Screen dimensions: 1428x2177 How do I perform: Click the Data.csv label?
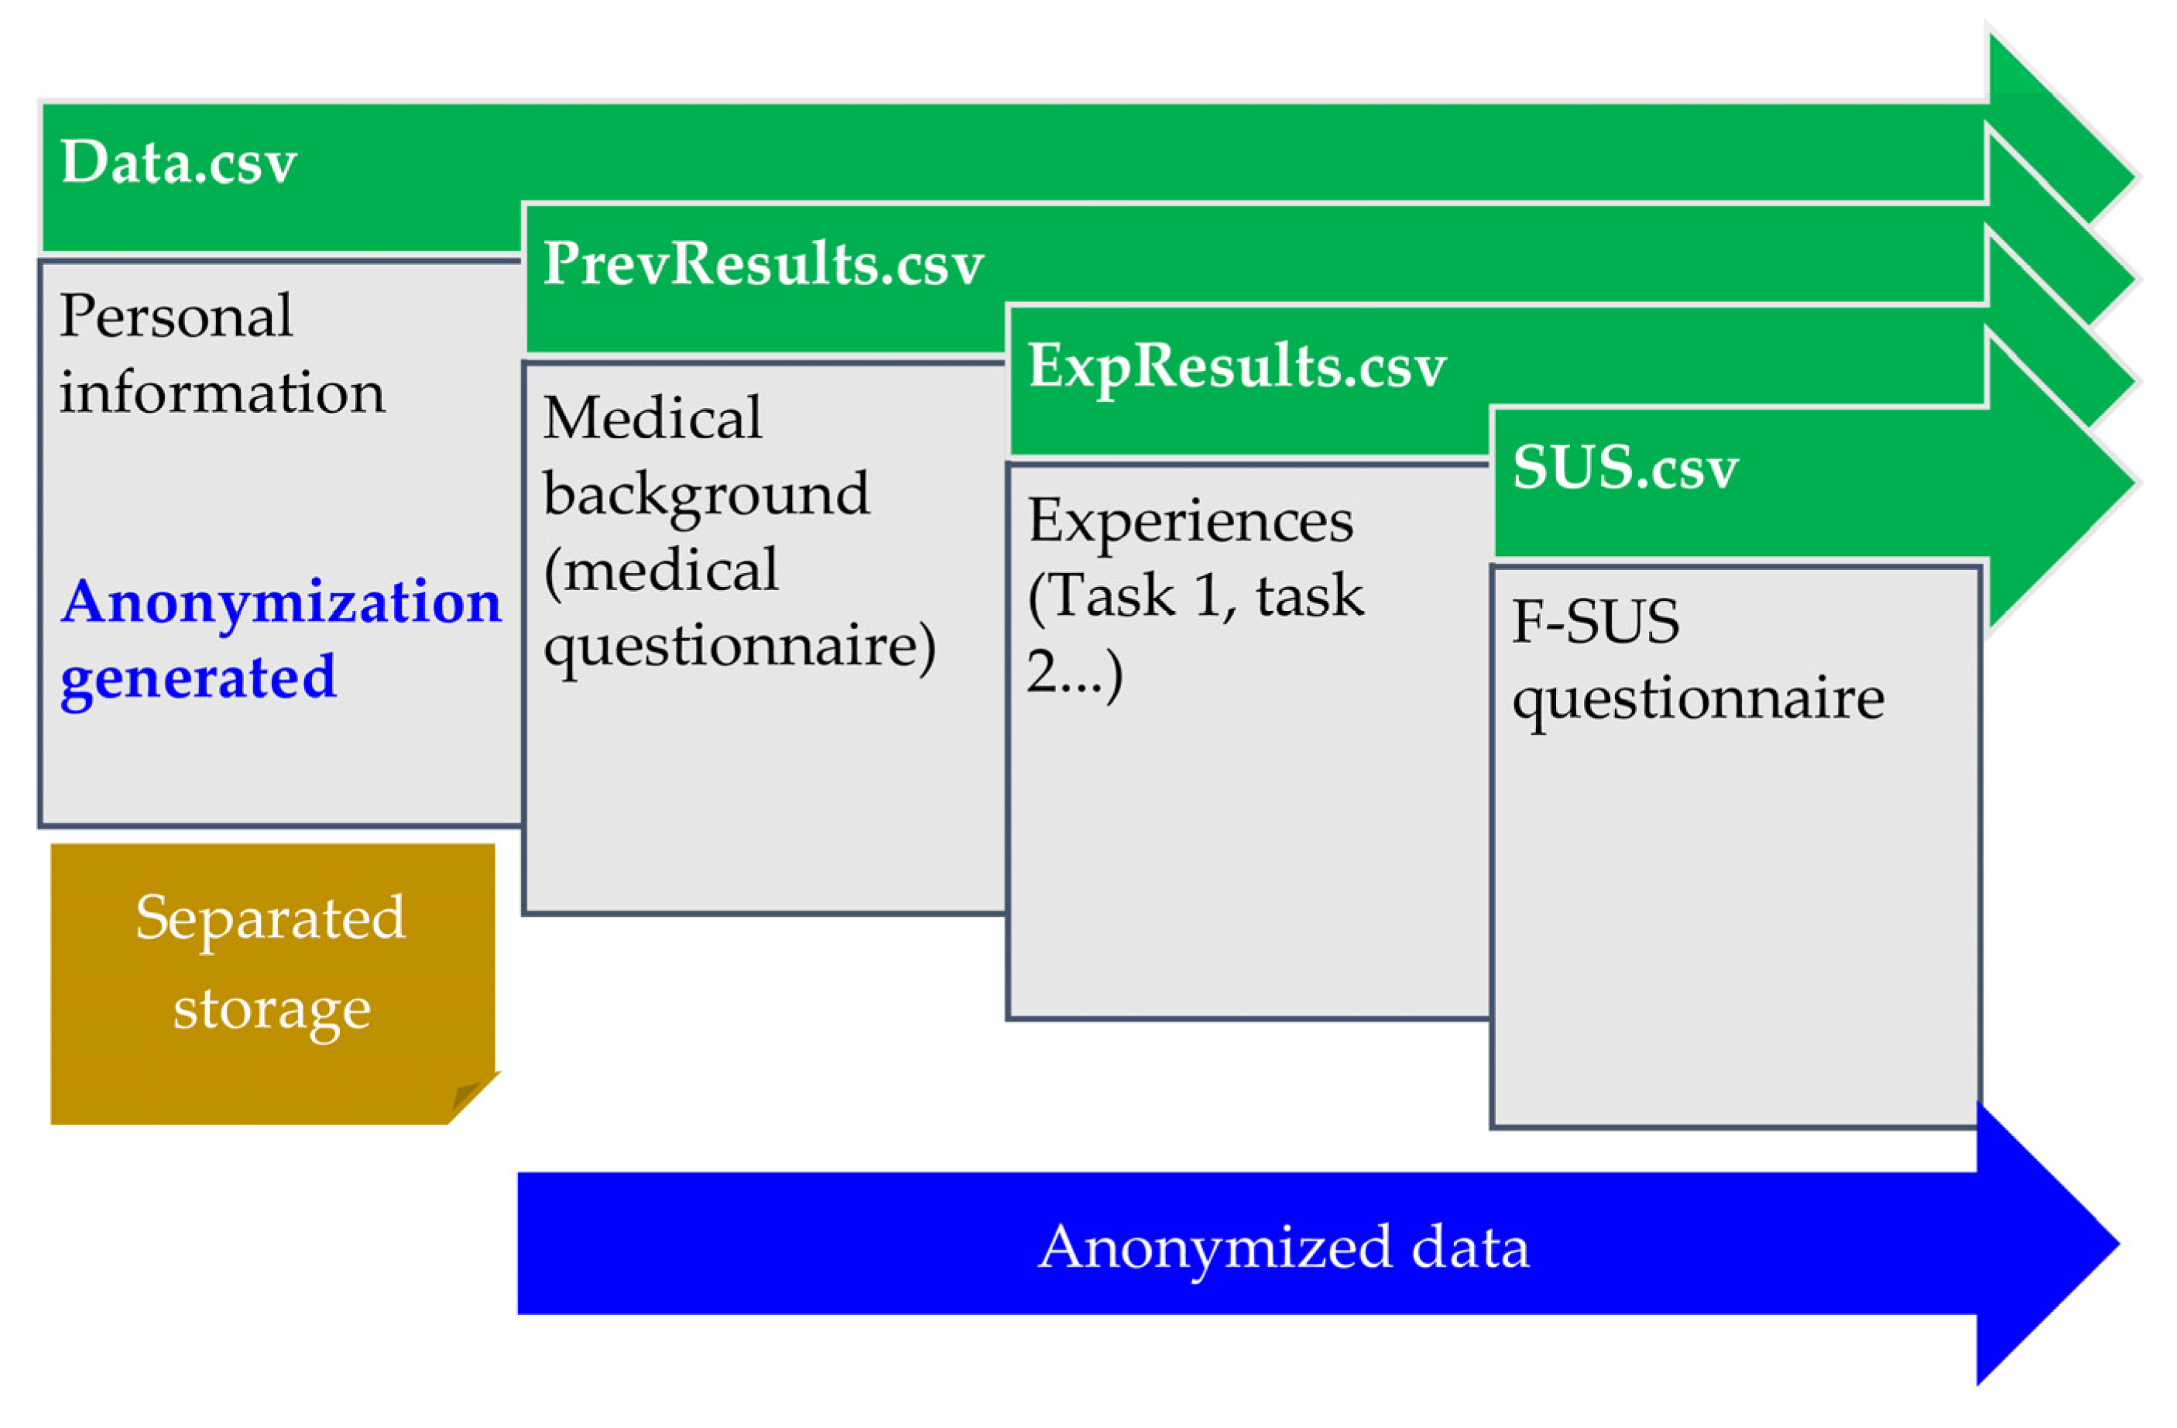pos(178,163)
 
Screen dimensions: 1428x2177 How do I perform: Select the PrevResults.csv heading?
pos(763,264)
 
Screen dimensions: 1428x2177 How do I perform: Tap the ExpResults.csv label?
pos(1236,366)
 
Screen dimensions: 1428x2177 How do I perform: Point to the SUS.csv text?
pos(1624,468)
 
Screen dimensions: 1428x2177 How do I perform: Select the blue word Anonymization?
pos(281,602)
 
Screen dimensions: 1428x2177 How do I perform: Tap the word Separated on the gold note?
pos(270,918)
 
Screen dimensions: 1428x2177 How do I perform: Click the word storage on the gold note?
pos(272,1009)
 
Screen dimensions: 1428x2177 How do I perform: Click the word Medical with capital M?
pos(652,419)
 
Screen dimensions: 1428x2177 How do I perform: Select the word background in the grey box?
pos(706,495)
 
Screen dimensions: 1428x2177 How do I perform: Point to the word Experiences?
pos(1190,521)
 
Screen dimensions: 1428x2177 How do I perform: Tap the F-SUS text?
pos(1596,622)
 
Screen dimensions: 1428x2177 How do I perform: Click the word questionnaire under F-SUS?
pos(1698,700)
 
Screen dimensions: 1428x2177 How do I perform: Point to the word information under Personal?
pos(222,393)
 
